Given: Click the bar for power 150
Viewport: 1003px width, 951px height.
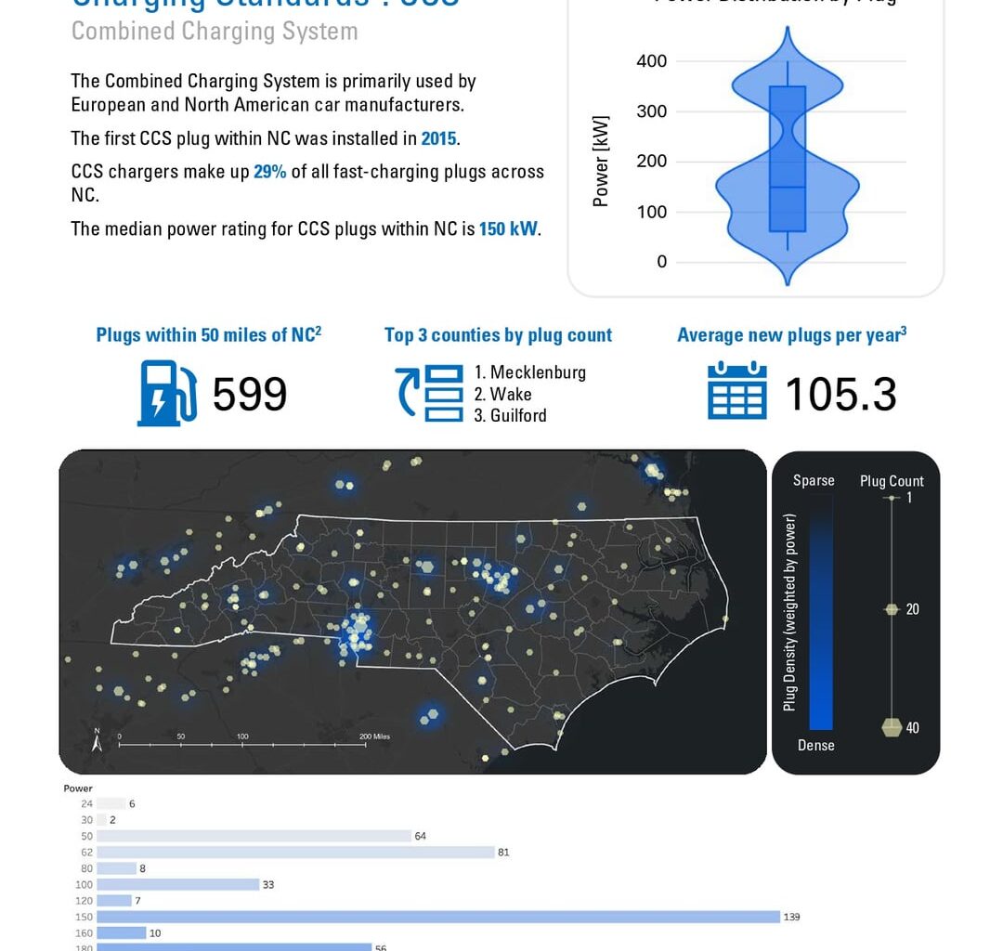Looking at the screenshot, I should click(437, 917).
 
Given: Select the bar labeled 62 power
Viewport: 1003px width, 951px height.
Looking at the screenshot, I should click(295, 852).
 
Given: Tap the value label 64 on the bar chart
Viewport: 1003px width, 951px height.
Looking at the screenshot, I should click(421, 836).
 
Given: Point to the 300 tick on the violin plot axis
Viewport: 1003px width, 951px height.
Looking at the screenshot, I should click(651, 111).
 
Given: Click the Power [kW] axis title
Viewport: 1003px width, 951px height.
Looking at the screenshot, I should click(601, 162).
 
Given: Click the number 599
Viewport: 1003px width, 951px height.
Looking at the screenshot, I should click(250, 395).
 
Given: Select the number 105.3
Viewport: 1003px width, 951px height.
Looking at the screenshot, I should click(840, 395).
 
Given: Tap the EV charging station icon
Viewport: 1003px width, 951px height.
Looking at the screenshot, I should click(167, 394).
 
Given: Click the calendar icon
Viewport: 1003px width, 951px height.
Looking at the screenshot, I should click(736, 392).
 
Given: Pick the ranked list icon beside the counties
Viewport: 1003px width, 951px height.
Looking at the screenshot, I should click(430, 394).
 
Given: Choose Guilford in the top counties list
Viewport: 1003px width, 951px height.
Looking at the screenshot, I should click(518, 415).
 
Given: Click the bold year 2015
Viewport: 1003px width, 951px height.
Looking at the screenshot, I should click(438, 138).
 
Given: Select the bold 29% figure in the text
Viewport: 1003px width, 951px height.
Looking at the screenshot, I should click(269, 172).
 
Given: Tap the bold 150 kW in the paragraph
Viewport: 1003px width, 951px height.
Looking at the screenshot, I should click(508, 228).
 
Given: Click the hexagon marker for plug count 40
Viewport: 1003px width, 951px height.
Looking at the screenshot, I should click(892, 727).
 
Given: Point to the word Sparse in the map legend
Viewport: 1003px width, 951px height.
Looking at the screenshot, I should click(814, 480).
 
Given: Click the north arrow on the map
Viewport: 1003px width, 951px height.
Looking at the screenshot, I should click(97, 739).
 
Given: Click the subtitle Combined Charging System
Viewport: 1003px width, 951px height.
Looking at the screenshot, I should click(215, 31).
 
